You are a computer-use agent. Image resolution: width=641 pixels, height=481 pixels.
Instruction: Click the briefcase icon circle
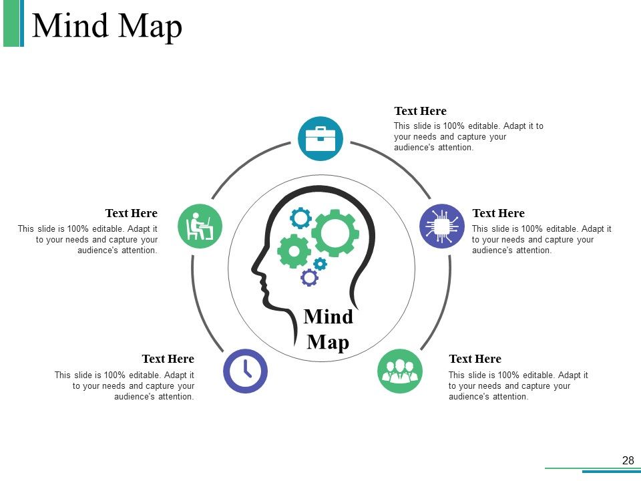pos(320,139)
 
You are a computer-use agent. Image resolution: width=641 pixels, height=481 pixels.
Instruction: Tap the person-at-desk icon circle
pos(200,226)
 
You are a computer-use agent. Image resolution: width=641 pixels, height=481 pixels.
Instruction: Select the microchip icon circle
pos(442,226)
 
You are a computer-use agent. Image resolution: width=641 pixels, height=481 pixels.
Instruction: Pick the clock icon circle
pos(245,371)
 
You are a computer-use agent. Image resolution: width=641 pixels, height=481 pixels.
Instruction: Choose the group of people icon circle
pos(400,371)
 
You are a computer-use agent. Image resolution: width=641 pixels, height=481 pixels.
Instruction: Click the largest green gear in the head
pos(335,232)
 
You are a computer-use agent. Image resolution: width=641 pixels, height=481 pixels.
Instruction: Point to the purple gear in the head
pos(309,278)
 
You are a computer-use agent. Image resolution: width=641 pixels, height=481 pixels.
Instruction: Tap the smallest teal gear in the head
pos(320,264)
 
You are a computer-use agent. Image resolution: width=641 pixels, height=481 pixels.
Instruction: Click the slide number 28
pos(628,460)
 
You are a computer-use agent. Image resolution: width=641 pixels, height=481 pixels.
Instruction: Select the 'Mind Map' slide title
pos(107,26)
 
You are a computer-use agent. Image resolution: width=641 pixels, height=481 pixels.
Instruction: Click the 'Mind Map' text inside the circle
pos(329,329)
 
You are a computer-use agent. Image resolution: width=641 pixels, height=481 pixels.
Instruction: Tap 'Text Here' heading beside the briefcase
pos(420,111)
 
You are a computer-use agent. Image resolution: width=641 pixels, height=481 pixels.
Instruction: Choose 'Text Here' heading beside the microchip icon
pos(498,213)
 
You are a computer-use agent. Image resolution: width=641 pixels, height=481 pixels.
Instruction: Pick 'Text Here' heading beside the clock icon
pos(168,359)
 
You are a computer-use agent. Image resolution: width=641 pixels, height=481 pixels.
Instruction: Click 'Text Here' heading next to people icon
pos(475,359)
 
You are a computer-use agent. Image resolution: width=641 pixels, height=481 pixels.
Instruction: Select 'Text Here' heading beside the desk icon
pos(132,213)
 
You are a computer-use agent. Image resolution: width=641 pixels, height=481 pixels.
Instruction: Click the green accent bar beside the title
pos(11,23)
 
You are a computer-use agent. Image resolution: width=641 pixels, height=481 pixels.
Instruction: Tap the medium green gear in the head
pos(294,251)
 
